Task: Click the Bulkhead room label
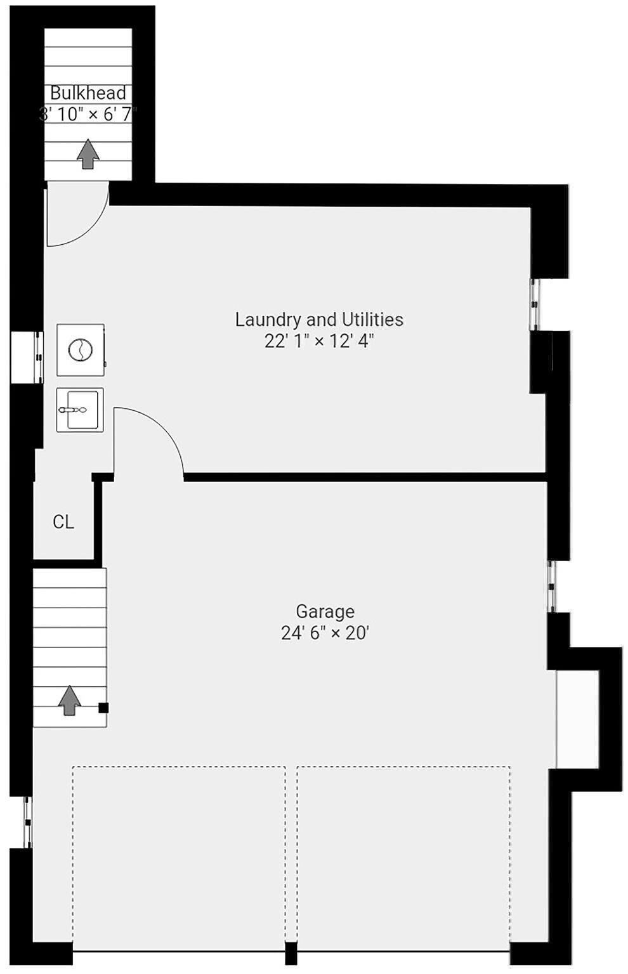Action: [88, 93]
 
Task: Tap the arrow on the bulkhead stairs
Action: [88, 154]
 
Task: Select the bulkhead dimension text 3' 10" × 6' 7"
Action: [88, 114]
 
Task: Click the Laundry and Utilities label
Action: [319, 319]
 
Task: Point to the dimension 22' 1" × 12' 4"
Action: [319, 341]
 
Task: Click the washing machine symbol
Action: [81, 349]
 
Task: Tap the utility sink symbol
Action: [79, 410]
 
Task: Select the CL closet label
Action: [63, 522]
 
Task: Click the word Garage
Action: [325, 611]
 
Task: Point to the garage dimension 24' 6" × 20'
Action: [325, 633]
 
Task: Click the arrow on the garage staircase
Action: [69, 701]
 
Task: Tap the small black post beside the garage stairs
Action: [103, 708]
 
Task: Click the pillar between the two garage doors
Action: [291, 953]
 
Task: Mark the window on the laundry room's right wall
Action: [535, 304]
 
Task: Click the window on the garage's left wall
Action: [27, 822]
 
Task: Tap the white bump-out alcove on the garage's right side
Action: [577, 718]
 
